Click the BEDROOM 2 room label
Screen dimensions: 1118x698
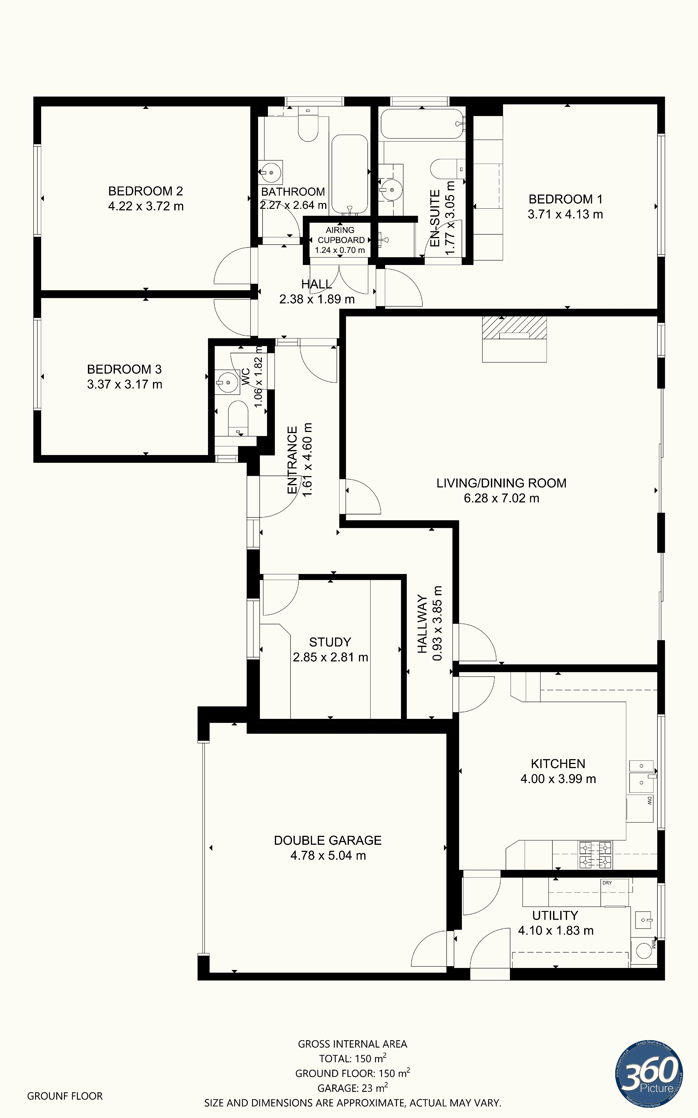[x=145, y=191]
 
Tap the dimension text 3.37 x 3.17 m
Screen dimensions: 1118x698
[x=125, y=384]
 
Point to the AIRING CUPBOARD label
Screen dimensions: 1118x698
[x=340, y=235]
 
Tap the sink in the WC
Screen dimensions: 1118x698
[x=228, y=383]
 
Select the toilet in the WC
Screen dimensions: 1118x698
[x=238, y=418]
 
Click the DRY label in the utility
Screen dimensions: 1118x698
[x=607, y=883]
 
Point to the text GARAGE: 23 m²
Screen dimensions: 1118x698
[x=352, y=1088]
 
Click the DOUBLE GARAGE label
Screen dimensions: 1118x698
[x=328, y=840]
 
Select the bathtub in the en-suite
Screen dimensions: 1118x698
[x=422, y=124]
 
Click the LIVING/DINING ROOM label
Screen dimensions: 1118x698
[x=501, y=483]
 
